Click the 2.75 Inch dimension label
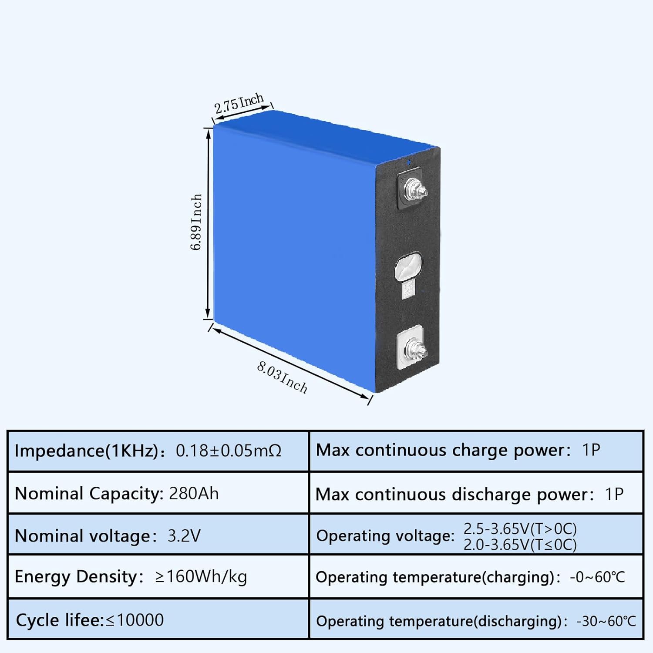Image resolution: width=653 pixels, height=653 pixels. coord(239,103)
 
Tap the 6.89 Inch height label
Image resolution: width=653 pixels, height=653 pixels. coord(196,222)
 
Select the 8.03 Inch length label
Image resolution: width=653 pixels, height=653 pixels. coord(282,377)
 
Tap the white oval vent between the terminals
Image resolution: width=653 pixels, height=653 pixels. coord(408,266)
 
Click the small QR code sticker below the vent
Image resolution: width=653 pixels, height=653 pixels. coord(408,289)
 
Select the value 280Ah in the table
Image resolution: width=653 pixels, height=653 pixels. coord(194,494)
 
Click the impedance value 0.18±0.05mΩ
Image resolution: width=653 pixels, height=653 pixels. coord(229,451)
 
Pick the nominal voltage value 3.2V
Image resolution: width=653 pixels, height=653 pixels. coord(184,535)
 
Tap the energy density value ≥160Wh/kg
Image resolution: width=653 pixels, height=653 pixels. coord(201,576)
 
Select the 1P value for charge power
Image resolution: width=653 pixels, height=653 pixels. coord(591,450)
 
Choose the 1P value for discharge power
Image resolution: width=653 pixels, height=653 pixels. coord(614,494)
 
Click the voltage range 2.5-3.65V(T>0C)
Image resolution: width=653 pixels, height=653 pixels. coord(520,528)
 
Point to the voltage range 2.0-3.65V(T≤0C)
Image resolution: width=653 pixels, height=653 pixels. coord(520,545)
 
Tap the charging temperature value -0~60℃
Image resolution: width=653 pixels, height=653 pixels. coord(597,577)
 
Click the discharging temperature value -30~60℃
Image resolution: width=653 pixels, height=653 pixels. coord(606,621)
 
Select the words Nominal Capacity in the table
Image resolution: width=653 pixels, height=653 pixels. coord(88,494)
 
